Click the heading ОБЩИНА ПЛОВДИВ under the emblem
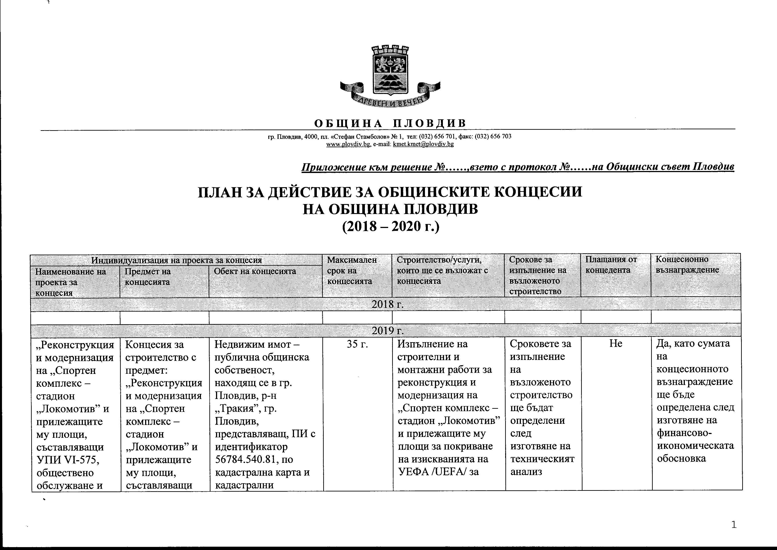click(390, 123)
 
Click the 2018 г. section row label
click(388, 304)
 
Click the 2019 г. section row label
click(388, 330)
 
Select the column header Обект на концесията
click(255, 271)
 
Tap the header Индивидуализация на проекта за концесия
click(176, 260)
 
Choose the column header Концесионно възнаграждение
click(682, 265)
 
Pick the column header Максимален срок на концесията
click(352, 270)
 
